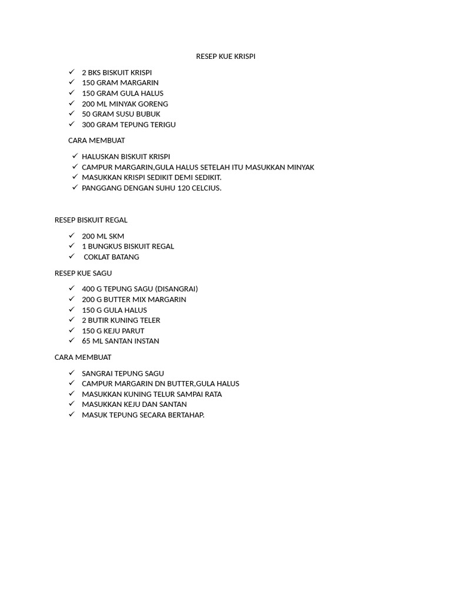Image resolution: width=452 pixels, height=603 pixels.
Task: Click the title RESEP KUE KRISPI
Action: tap(225, 57)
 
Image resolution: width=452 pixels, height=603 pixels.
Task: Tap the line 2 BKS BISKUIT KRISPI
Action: tap(117, 72)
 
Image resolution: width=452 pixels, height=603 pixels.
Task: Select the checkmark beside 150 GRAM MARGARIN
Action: tap(71, 82)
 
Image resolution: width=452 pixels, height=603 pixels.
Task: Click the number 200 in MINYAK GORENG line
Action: tap(88, 104)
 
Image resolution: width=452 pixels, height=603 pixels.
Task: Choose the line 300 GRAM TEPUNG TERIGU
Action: tap(128, 124)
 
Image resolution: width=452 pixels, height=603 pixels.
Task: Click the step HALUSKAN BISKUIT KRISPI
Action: tap(126, 157)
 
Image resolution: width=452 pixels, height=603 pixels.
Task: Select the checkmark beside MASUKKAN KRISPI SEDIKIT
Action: tap(75, 177)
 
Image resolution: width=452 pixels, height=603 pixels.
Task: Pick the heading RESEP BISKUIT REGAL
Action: tap(91, 220)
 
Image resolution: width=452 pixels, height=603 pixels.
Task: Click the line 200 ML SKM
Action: tap(103, 236)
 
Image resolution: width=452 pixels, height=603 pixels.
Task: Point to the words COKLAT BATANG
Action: tap(111, 257)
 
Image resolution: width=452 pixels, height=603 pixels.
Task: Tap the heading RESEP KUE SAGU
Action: tap(83, 273)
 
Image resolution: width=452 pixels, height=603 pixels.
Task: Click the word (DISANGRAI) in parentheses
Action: tap(176, 289)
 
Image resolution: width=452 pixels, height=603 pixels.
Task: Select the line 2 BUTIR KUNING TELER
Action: tap(121, 320)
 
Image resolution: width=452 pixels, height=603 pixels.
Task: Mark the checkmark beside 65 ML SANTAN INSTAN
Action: tap(71, 340)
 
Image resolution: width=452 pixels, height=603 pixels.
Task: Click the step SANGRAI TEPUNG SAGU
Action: tap(122, 373)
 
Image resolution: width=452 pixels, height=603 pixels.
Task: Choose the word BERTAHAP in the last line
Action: tap(184, 415)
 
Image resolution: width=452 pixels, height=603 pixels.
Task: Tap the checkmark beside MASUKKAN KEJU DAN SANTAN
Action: tap(71, 404)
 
